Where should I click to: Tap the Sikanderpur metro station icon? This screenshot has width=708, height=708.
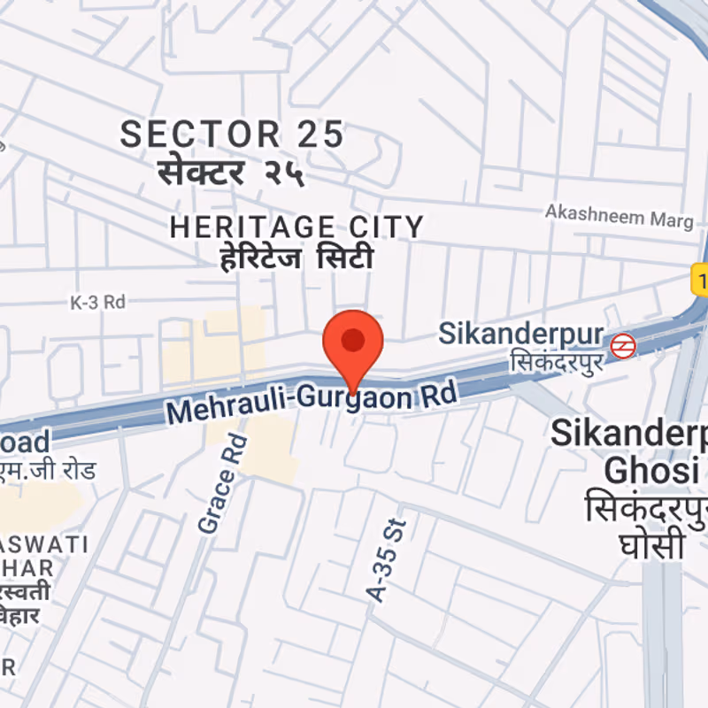click(623, 344)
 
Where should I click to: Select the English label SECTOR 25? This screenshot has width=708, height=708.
click(232, 135)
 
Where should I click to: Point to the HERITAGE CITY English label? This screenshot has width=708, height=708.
click(297, 227)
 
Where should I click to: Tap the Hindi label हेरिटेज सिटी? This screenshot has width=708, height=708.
click(297, 259)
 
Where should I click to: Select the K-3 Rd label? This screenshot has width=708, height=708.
click(98, 302)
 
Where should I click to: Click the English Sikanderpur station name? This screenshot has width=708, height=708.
click(521, 334)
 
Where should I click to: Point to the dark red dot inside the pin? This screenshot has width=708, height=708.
click(353, 339)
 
